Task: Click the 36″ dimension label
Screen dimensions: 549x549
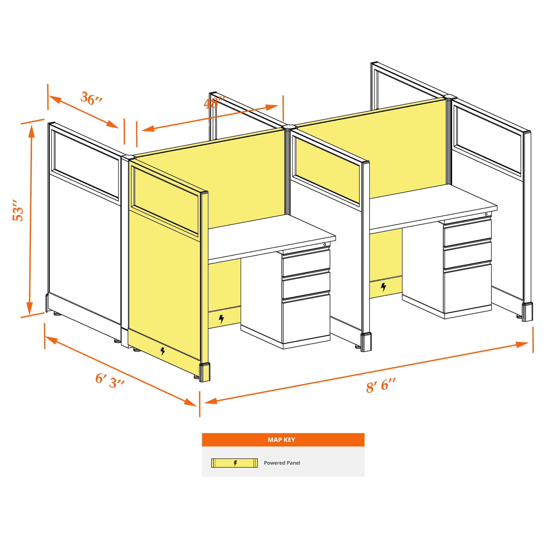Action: pyautogui.click(x=91, y=98)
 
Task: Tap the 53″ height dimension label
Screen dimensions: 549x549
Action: pyautogui.click(x=17, y=210)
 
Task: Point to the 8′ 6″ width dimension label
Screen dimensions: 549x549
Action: pyautogui.click(x=381, y=386)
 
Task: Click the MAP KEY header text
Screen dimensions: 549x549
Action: pyautogui.click(x=281, y=440)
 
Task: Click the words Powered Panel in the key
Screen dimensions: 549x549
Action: pyautogui.click(x=282, y=463)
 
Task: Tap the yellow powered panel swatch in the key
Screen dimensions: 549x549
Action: pyautogui.click(x=234, y=463)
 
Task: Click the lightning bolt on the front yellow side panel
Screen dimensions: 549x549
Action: pyautogui.click(x=163, y=351)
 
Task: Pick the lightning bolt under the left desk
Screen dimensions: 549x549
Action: pyautogui.click(x=221, y=319)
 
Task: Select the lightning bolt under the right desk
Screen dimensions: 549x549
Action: pyautogui.click(x=383, y=287)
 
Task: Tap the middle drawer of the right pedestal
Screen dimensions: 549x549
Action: pyautogui.click(x=468, y=255)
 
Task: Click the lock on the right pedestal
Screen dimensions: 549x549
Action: pyautogui.click(x=486, y=214)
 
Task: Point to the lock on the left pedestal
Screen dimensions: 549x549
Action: pyautogui.click(x=325, y=244)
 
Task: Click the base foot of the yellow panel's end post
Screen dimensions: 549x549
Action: pyautogui.click(x=205, y=372)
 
